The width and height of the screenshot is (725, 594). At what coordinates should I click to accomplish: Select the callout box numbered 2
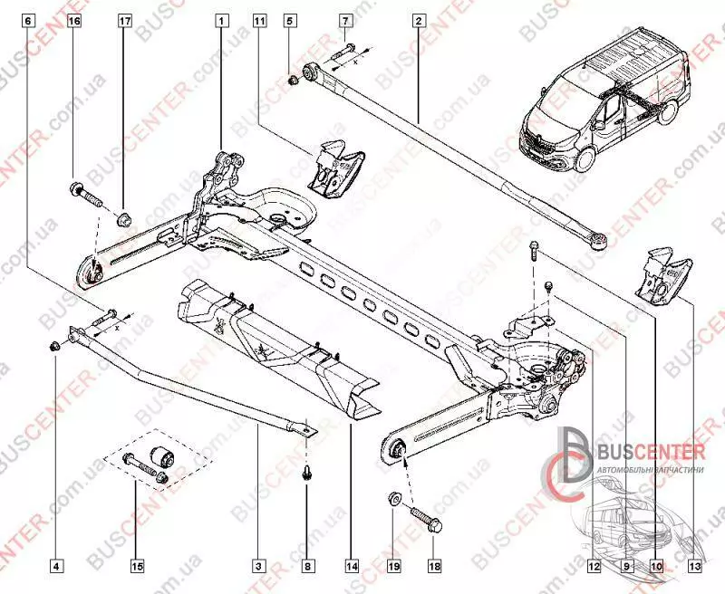tap(419, 19)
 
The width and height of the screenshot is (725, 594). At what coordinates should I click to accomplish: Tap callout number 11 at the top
tap(260, 19)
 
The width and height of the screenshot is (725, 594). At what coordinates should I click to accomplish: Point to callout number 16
tap(74, 19)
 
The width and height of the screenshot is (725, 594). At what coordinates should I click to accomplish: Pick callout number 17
tap(125, 19)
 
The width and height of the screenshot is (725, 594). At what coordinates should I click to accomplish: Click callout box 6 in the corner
tap(28, 19)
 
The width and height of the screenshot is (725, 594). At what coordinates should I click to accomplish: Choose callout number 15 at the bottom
tap(136, 567)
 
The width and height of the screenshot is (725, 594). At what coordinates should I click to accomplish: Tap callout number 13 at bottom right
tap(693, 567)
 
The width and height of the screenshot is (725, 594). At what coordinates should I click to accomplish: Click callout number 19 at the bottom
tap(394, 567)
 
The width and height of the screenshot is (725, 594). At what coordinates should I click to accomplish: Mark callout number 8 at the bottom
tap(308, 567)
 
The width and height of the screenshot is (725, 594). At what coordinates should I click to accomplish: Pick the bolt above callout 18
tap(424, 522)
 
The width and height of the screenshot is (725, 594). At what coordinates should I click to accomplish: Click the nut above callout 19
tap(395, 496)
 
